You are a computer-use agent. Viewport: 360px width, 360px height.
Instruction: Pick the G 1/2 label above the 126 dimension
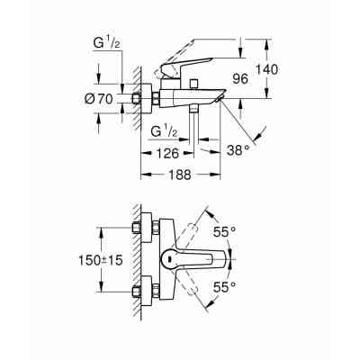pyautogui.click(x=166, y=130)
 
